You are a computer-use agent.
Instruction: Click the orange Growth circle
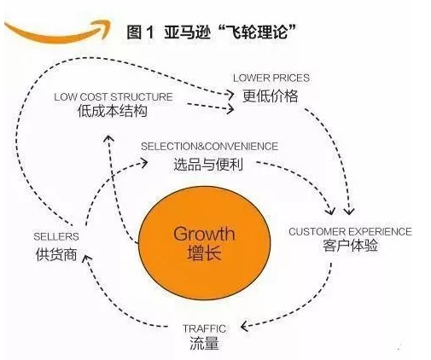click(204, 243)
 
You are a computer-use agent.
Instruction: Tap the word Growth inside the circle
click(204, 234)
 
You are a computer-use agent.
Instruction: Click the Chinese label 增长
click(204, 253)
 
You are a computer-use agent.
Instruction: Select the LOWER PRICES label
click(271, 78)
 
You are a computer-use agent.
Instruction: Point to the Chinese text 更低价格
click(271, 96)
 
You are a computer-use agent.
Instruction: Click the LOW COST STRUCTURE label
click(114, 97)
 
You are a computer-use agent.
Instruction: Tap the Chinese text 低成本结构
click(113, 111)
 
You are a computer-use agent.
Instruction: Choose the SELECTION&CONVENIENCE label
click(209, 147)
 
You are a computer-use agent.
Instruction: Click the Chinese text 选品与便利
click(208, 165)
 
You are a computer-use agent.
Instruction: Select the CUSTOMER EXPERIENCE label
click(350, 231)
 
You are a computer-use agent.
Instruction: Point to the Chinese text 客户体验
click(350, 246)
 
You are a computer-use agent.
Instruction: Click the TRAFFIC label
click(204, 328)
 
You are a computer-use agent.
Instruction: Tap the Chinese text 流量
click(204, 343)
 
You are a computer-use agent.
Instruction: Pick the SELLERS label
click(56, 236)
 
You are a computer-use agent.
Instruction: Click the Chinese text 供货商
click(56, 254)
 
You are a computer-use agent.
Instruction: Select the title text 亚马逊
click(187, 32)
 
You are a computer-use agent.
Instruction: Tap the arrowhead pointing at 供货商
click(86, 259)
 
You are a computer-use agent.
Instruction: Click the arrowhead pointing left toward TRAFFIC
click(245, 326)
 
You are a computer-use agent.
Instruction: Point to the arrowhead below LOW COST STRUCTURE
click(108, 139)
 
